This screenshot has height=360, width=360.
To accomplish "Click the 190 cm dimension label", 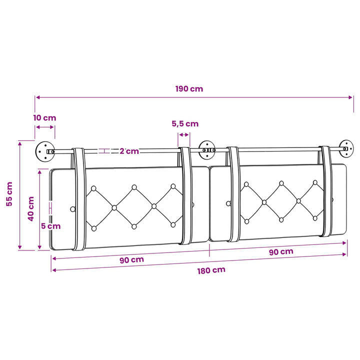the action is point(189,89).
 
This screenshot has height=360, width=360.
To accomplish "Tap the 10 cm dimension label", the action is point(45,118).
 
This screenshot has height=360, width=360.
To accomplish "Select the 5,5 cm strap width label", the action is point(185,124).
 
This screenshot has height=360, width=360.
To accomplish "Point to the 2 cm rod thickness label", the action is point(129,151).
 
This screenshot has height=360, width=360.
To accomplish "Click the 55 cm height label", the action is point(9,194).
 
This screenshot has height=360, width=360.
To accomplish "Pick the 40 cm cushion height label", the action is point(31,208).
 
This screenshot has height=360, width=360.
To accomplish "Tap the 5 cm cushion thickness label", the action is point(50,226).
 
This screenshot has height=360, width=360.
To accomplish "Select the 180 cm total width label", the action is point(211,270).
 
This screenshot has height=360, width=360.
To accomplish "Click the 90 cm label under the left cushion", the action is point(132,260).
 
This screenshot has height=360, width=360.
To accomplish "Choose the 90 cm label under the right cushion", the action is point(281,251).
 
